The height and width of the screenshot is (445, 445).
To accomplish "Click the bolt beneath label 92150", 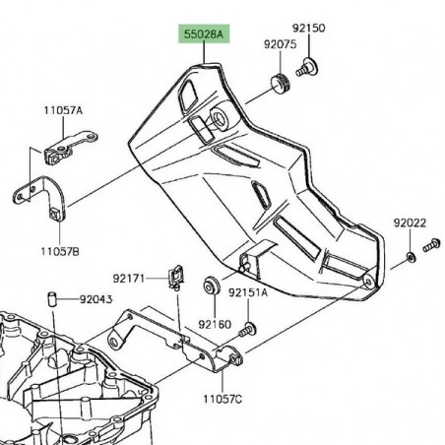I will pyautogui.click(x=308, y=65).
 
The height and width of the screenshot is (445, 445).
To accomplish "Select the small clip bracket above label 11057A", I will pyautogui.click(x=61, y=154).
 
